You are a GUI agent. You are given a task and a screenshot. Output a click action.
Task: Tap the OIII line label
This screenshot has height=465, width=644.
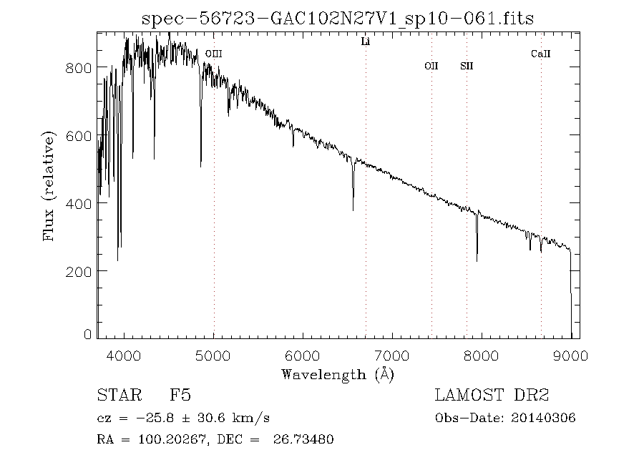(x=213, y=54)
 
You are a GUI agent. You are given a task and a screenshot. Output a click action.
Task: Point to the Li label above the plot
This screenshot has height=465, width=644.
(x=365, y=42)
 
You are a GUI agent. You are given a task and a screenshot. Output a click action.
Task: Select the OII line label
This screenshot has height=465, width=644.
(x=431, y=67)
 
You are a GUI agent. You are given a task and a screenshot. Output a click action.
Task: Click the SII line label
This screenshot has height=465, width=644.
(x=467, y=67)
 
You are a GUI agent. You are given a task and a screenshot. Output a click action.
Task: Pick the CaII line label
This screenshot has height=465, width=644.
(x=540, y=54)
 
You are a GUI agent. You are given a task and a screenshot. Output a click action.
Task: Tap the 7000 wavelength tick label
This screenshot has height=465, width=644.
(x=392, y=356)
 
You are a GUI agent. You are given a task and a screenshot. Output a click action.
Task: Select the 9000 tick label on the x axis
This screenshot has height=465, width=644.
(x=570, y=356)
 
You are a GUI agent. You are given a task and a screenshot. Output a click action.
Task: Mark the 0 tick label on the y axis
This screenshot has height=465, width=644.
(x=88, y=334)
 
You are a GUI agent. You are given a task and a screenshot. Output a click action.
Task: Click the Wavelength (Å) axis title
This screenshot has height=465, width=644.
(x=338, y=374)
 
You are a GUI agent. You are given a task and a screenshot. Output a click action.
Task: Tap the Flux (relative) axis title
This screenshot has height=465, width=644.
(x=49, y=186)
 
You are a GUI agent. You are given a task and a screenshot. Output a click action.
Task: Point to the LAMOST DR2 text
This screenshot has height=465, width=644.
(x=492, y=396)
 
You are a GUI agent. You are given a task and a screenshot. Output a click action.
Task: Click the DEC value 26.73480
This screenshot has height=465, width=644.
(x=303, y=440)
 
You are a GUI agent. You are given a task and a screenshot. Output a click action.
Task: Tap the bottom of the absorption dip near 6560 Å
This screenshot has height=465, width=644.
(x=353, y=210)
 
